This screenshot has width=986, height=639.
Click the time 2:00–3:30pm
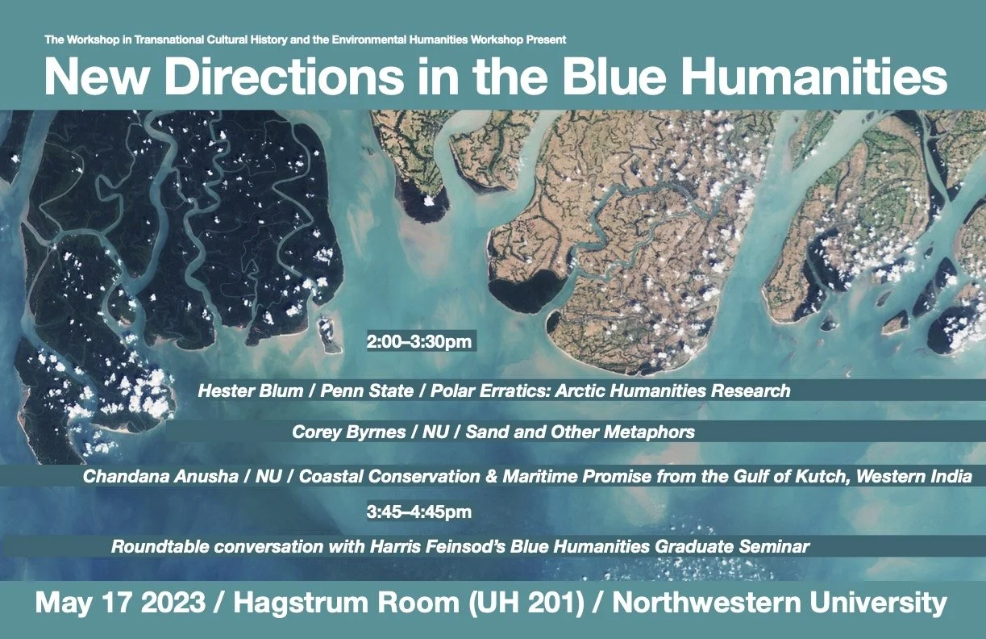pyautogui.click(x=418, y=342)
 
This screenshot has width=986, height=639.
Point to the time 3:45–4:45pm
pyautogui.click(x=418, y=512)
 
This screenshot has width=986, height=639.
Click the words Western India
pyautogui.click(x=920, y=477)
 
